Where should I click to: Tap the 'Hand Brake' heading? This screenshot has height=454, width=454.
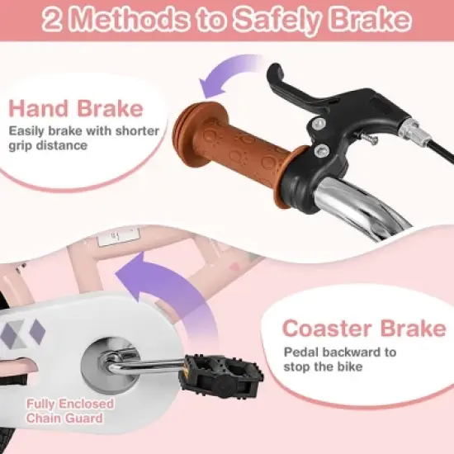(76, 108)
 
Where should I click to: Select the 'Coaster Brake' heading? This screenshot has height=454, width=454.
(364, 328)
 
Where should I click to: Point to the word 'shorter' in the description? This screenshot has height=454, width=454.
(137, 131)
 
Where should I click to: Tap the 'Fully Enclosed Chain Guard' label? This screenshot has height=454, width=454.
(70, 411)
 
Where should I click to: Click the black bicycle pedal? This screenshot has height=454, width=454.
(222, 376)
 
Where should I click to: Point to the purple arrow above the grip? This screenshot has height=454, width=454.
(229, 76)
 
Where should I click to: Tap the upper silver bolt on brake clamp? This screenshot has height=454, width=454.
(319, 123)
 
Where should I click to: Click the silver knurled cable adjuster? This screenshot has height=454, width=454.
(409, 130)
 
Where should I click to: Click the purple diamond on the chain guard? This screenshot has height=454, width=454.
(38, 332)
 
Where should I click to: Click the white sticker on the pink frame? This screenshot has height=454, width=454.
(118, 237)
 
